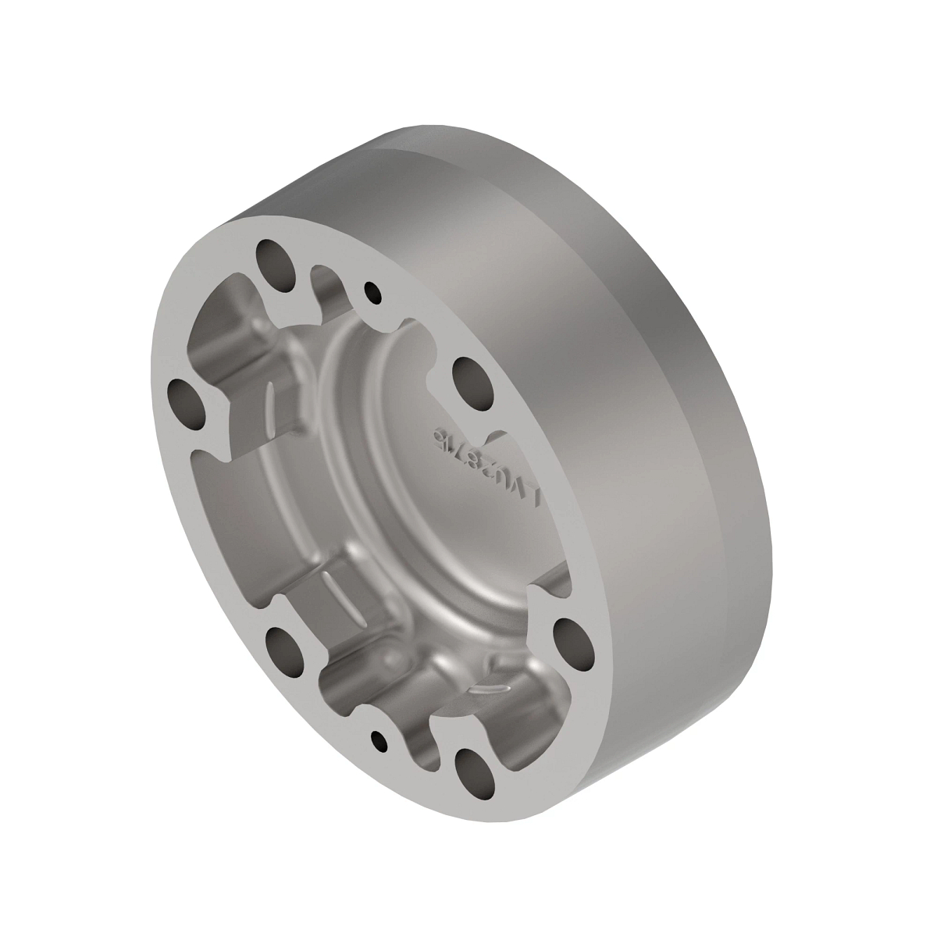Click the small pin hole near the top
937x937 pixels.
pos(374,293)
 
